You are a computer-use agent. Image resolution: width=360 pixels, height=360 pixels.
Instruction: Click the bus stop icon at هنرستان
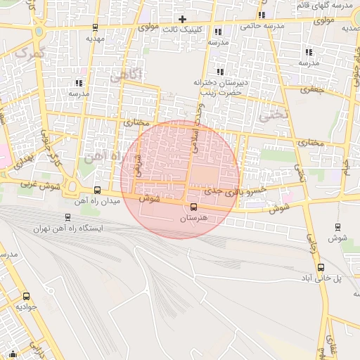193,206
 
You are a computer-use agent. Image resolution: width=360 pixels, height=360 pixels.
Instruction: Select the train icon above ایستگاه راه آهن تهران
67,217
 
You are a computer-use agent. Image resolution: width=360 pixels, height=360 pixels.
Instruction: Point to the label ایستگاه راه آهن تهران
67,229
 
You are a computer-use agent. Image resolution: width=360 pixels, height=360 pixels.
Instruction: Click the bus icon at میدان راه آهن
96,190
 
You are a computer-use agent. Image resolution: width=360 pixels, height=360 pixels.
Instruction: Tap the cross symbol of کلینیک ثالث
183,19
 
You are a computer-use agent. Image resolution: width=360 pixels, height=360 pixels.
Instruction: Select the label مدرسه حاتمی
260,26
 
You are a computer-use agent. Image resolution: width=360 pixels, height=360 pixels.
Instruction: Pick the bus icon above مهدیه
95,27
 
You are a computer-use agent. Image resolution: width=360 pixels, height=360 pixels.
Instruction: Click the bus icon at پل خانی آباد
321,267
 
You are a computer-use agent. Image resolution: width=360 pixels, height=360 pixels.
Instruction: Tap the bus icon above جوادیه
27,296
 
